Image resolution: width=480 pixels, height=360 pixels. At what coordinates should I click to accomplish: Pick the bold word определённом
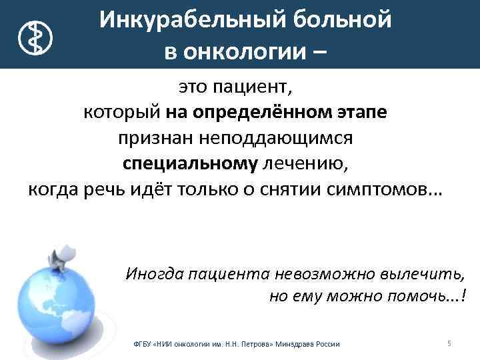260,112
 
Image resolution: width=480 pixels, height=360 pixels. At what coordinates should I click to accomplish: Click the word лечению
306,163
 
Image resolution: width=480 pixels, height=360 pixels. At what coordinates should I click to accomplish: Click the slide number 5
449,343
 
